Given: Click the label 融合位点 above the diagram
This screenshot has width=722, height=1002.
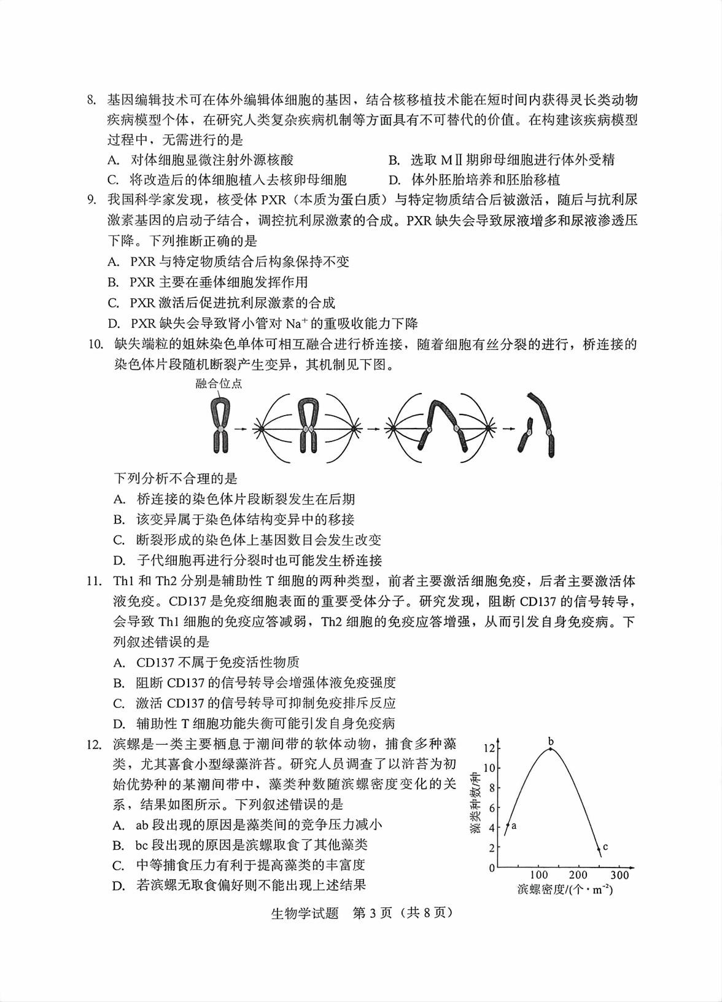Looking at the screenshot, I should (219, 384).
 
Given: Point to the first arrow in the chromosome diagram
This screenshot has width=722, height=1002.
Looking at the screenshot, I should (241, 429).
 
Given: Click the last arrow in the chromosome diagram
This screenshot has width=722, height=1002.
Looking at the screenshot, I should (508, 429).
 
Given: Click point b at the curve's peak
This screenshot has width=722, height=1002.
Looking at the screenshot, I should (551, 748).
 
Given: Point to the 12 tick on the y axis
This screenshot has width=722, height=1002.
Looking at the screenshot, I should (489, 748).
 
